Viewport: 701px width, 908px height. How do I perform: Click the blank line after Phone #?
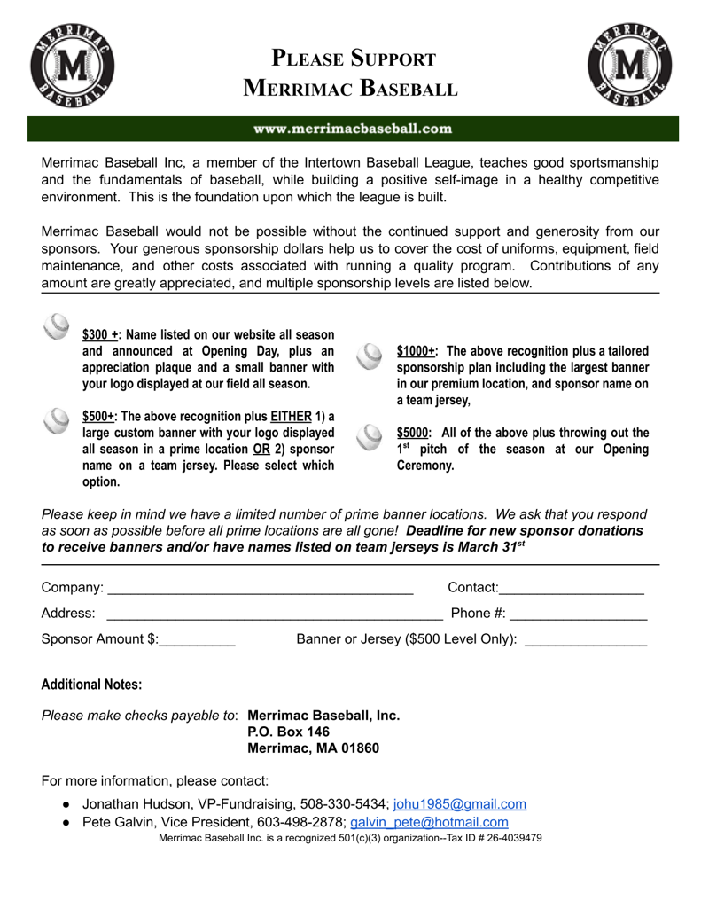580,614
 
